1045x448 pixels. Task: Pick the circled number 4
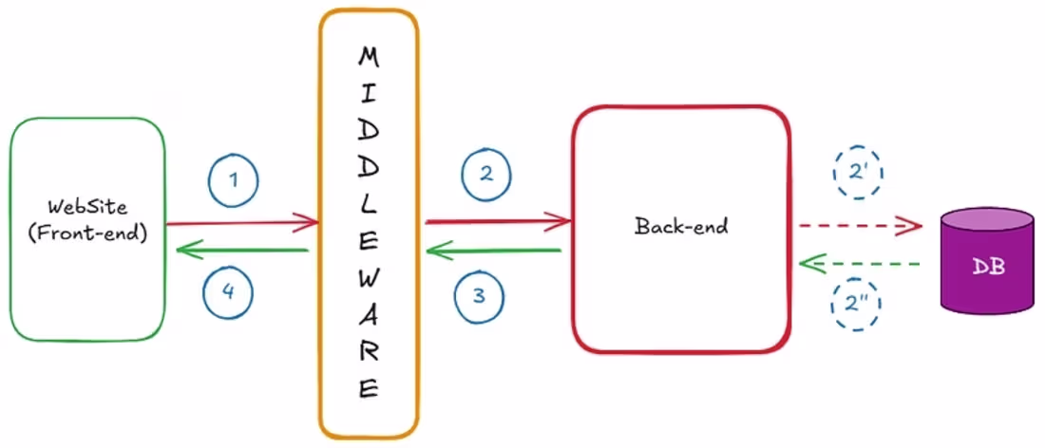[x=227, y=293]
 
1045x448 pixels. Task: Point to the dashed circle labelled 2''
[x=858, y=304]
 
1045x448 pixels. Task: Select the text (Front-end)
[x=86, y=233]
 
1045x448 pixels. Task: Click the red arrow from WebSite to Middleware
[x=242, y=224]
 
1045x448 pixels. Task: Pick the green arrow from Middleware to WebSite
[x=243, y=251]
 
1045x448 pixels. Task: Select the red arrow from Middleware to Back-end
[x=498, y=222]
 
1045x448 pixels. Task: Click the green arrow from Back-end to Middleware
[x=493, y=251]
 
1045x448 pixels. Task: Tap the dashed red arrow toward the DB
[x=861, y=227]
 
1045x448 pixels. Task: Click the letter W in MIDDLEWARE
[x=368, y=278]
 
